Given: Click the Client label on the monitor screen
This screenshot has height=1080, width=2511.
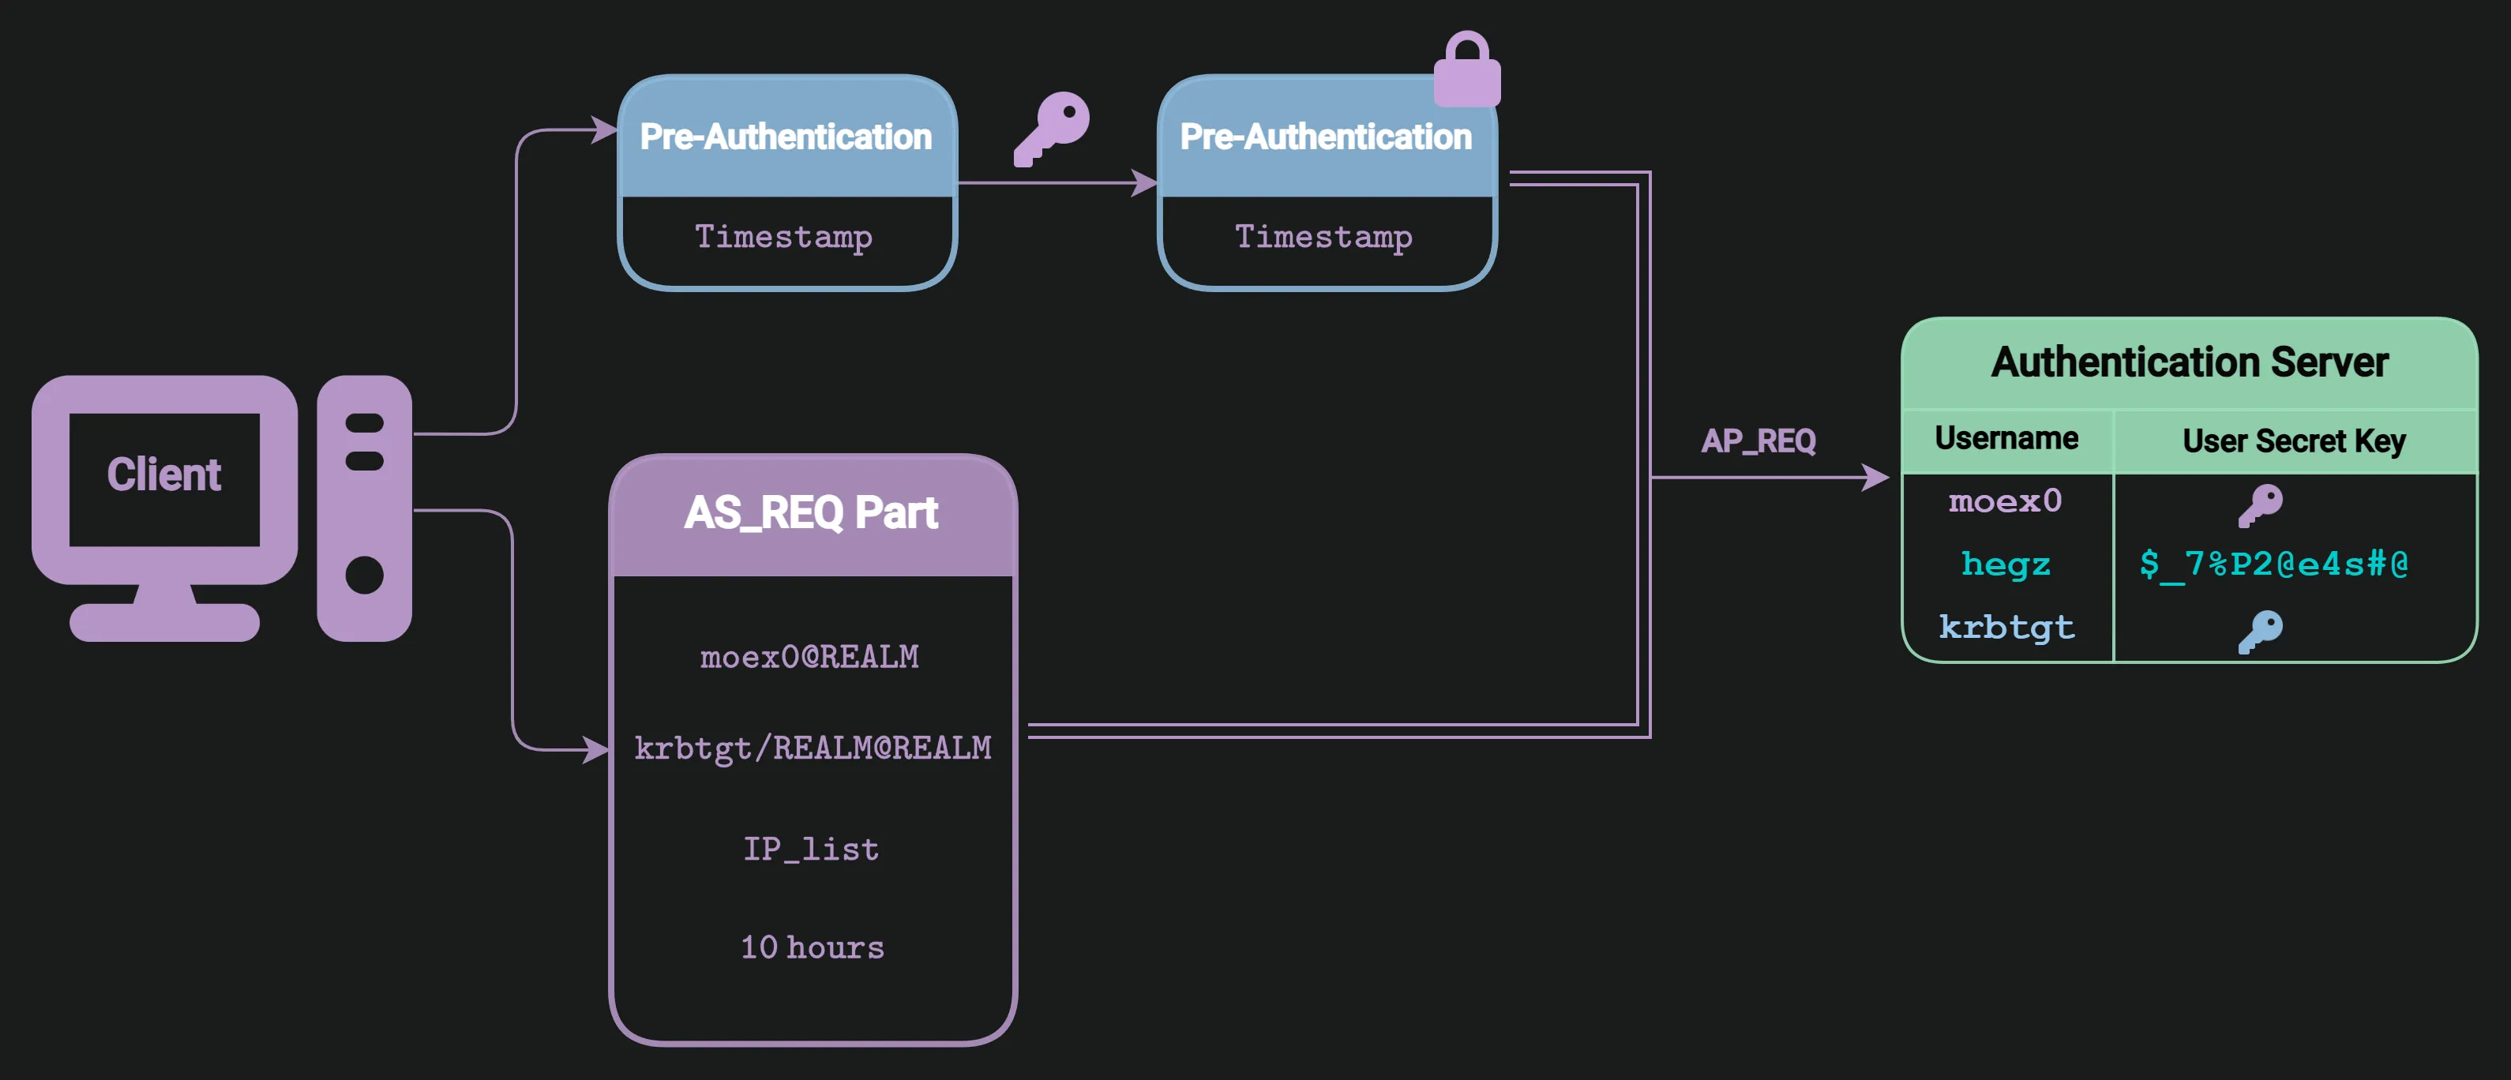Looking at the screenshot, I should (x=163, y=474).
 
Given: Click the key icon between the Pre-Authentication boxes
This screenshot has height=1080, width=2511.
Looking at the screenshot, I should (x=1053, y=128).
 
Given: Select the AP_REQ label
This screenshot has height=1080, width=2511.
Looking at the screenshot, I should (x=1758, y=441).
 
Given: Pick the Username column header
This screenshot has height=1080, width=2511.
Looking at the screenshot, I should (x=2006, y=439).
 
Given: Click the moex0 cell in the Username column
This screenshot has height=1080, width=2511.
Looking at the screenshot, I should (x=2005, y=502).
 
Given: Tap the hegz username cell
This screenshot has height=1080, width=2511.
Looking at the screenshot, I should (x=2005, y=564).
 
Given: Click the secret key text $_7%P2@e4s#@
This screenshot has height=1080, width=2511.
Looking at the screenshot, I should (x=2273, y=564).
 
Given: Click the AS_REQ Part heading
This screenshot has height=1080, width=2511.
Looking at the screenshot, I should (x=810, y=512).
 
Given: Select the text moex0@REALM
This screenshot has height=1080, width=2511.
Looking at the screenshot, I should (x=809, y=657).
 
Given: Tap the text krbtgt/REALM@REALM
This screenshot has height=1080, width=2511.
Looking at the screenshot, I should (x=812, y=748).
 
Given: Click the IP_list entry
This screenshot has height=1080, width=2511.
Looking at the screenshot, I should (x=810, y=849).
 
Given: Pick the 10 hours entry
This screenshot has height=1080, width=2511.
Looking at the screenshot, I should (x=812, y=947).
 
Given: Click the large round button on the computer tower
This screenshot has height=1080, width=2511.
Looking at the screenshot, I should (x=365, y=575).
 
